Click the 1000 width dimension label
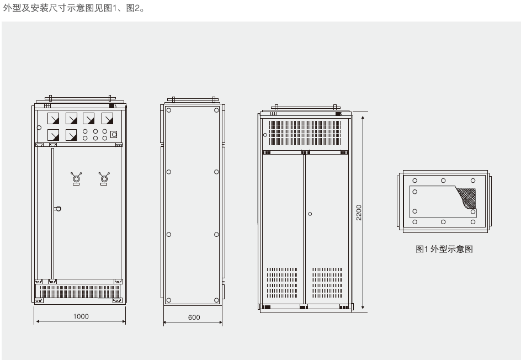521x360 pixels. pos(81,316)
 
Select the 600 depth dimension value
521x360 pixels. pos(193,317)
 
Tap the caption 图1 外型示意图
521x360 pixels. pos(444,249)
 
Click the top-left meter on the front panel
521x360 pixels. pos(54,119)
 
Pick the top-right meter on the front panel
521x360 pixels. pos(107,119)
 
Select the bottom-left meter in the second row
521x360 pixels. pos(54,134)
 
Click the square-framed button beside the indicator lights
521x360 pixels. pos(114,134)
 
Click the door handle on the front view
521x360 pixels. pos(58,208)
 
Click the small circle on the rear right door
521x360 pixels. pos(310,213)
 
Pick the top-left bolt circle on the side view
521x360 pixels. pos(169,110)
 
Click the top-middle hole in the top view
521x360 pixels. pos(443,181)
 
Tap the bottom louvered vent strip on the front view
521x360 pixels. pos(80,290)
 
